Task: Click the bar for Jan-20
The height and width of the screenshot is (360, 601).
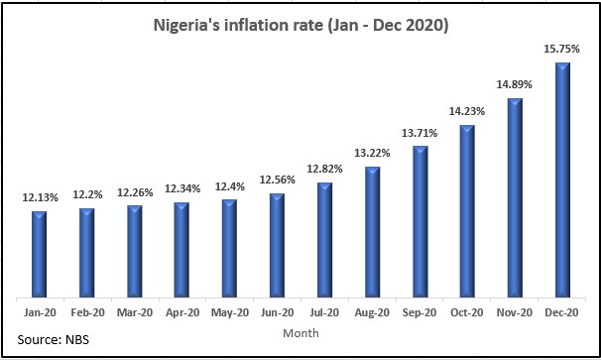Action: [x=39, y=254]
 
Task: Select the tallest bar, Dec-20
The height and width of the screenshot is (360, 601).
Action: [x=562, y=180]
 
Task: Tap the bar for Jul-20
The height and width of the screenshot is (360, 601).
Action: [x=324, y=240]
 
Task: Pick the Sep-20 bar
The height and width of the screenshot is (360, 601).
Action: [x=421, y=221]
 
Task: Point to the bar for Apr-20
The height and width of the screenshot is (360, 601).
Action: [x=181, y=250]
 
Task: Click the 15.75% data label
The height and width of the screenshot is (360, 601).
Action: [x=562, y=49]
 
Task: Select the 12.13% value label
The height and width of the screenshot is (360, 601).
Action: [x=41, y=197]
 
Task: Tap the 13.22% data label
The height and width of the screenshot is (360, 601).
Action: [x=372, y=154]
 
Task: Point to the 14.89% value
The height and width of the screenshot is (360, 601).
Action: [x=515, y=84]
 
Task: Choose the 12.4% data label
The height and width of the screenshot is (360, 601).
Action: [x=230, y=186]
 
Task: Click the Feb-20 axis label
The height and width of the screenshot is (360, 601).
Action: [x=88, y=312]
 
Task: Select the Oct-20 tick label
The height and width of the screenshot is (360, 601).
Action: [x=467, y=312]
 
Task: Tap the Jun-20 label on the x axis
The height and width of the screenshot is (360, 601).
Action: [x=277, y=312]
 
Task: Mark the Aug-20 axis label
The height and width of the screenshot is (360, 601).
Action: [x=372, y=312]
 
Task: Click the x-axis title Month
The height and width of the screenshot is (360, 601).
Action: [x=300, y=333]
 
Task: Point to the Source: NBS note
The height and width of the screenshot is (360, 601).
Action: [x=54, y=340]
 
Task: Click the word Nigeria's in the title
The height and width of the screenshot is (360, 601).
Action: [x=183, y=26]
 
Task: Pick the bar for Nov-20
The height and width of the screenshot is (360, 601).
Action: [x=515, y=197]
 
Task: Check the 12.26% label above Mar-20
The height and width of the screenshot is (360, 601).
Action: [x=135, y=192]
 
